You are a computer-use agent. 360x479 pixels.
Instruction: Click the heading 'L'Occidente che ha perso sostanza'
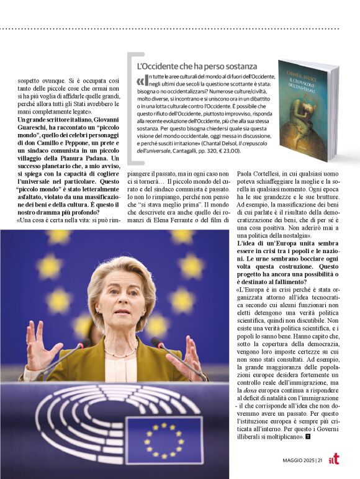pyautogui.click(x=196, y=66)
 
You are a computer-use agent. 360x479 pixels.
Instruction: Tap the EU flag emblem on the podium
pyautogui.click(x=164, y=439)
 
